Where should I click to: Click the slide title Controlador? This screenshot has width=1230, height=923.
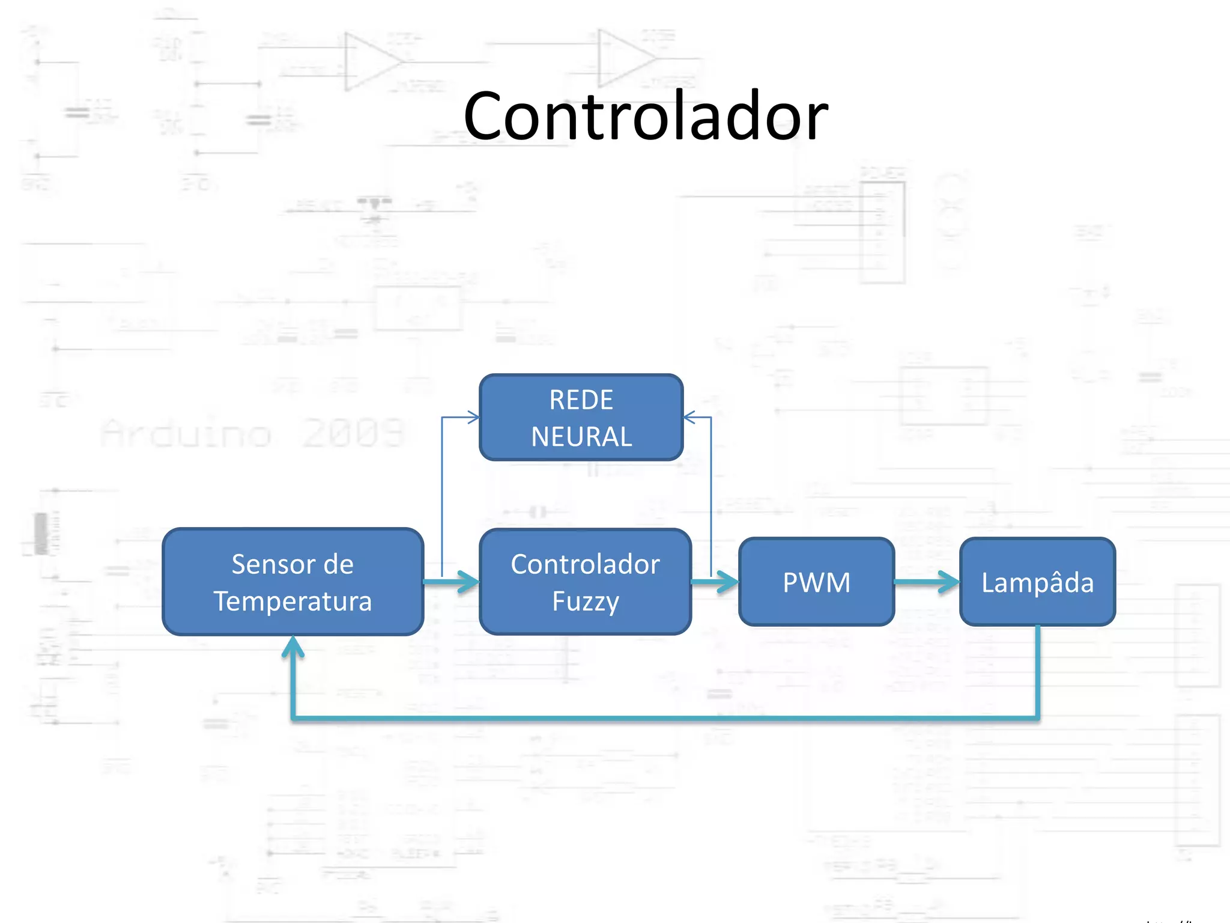coord(646,117)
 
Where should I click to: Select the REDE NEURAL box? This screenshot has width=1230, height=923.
coord(581,418)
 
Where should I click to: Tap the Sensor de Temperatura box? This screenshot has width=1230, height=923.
coord(293,582)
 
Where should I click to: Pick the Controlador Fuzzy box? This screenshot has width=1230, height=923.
coord(585,582)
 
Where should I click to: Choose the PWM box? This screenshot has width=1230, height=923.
coord(816,582)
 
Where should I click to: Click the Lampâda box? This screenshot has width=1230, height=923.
coord(1037,582)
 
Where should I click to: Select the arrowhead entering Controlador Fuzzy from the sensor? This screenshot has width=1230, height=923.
coord(470,582)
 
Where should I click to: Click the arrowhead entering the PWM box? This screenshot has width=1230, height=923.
coord(729,582)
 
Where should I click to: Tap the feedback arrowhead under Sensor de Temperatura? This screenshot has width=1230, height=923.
coord(293,648)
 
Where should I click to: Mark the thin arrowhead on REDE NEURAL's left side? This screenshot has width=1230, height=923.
coord(473,416)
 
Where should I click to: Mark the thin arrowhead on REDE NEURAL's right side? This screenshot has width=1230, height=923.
coord(690,416)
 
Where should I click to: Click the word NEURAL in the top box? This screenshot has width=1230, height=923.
coord(581,437)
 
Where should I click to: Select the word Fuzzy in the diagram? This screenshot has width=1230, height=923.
coord(586,602)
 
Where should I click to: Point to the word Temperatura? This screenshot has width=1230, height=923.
coord(293,602)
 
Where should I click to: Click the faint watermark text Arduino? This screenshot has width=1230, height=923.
coord(186,434)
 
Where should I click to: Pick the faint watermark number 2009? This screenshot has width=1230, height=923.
coord(353,433)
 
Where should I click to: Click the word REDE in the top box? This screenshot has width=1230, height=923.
coord(581,400)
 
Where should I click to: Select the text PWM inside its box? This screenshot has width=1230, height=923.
coord(816,582)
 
